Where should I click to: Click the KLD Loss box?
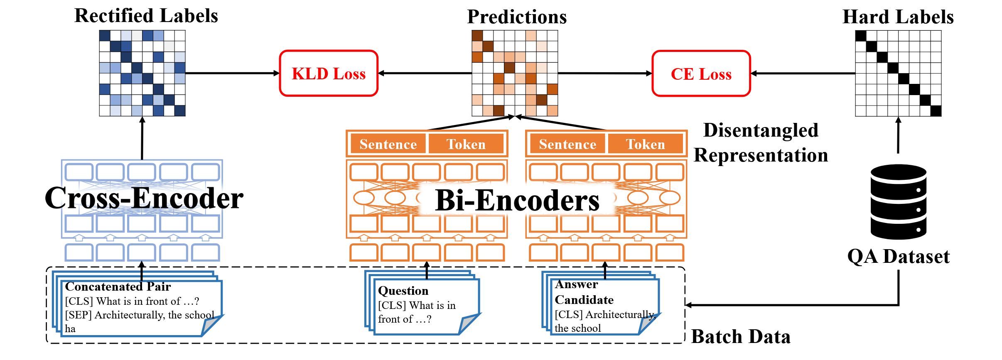[x=329, y=73]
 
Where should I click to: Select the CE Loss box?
[x=701, y=74]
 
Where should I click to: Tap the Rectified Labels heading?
[x=146, y=16]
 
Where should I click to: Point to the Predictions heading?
[x=517, y=17]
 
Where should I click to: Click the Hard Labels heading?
[x=898, y=17]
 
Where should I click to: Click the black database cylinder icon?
[x=898, y=202]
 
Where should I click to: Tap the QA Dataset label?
[x=898, y=257]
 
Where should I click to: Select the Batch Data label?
[x=741, y=337]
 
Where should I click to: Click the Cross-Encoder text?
[x=144, y=198]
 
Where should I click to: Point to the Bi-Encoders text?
[x=517, y=201]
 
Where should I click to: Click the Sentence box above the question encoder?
[x=388, y=144]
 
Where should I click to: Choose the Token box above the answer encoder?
[x=645, y=144]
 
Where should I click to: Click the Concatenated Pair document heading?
[x=118, y=287]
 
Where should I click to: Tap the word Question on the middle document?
[x=403, y=291]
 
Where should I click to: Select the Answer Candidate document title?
[x=584, y=292]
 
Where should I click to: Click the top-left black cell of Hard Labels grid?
[x=861, y=36]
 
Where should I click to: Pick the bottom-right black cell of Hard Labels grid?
[x=936, y=111]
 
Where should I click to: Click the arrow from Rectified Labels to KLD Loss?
[x=233, y=73]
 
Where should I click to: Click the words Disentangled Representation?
[x=761, y=142]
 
